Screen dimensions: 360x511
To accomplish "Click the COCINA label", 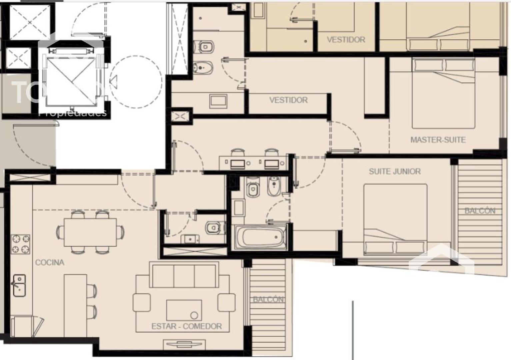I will pos(50,262).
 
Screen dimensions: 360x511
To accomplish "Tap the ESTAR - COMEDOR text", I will pos(186,326).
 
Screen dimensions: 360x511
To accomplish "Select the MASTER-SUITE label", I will pos(438,140).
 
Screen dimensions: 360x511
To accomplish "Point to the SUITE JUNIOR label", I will pos(394,171).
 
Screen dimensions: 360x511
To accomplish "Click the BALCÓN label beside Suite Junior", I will pos(480,211).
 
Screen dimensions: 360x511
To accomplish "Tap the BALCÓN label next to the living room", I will pos(268,299).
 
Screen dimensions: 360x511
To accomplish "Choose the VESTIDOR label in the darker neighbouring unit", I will pos(346,40).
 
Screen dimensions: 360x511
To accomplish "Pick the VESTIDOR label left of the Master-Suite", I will pos(288,100).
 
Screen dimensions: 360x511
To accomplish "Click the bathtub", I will pos(260,237).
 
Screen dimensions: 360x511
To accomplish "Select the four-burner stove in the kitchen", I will pos(21,244).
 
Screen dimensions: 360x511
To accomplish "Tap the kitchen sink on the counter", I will pos(19,285).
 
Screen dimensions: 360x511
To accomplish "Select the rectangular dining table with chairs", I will pos(90,232).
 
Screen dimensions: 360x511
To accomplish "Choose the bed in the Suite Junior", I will pos(395,220).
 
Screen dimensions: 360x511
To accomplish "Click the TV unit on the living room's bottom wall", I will pos(184,344).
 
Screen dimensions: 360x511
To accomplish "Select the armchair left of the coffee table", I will pos(142,303).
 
